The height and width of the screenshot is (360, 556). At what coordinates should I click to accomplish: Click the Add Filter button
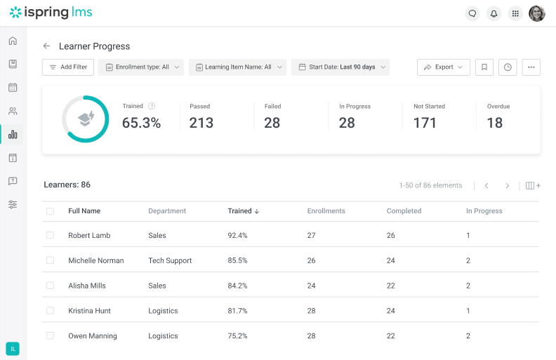click(68, 67)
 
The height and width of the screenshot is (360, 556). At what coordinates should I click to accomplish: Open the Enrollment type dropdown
click(141, 67)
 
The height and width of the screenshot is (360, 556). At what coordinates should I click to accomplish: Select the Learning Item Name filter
click(237, 67)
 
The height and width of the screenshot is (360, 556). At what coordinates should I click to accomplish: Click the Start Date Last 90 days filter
click(340, 67)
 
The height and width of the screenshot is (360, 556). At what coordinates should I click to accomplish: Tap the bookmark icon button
click(484, 67)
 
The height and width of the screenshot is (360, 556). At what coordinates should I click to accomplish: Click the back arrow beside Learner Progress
click(46, 46)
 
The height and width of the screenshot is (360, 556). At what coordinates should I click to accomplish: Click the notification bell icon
click(494, 13)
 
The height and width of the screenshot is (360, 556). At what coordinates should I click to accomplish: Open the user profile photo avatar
click(536, 13)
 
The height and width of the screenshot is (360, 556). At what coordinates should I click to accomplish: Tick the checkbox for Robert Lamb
click(50, 235)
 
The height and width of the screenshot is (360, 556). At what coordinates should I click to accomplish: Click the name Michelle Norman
click(95, 260)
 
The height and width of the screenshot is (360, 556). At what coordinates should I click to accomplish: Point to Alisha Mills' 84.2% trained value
click(237, 286)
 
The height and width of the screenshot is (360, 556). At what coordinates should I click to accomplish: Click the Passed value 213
click(201, 123)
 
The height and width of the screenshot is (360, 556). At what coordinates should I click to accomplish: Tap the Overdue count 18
click(494, 123)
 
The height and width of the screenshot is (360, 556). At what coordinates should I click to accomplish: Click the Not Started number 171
click(425, 123)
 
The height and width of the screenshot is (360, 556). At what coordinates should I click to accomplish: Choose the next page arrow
click(507, 186)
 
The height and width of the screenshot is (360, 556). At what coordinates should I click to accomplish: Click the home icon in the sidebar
click(13, 41)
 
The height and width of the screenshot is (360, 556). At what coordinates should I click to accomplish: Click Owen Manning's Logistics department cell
click(163, 336)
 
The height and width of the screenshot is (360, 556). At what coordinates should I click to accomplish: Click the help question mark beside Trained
click(152, 107)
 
